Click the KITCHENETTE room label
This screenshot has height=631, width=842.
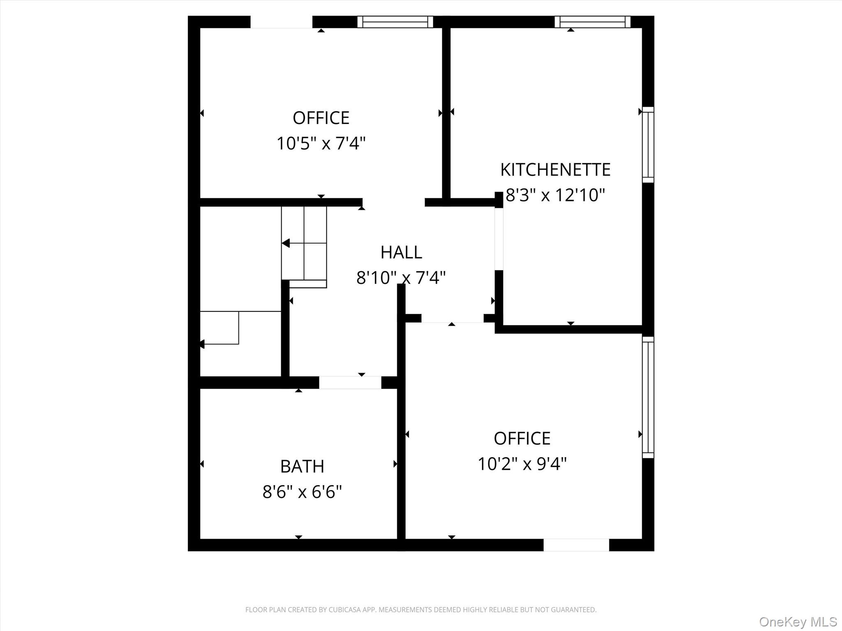[x=555, y=170]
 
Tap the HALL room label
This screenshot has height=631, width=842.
[x=401, y=252]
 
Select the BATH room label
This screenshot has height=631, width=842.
[x=302, y=466]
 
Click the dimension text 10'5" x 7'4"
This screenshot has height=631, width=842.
[x=321, y=144]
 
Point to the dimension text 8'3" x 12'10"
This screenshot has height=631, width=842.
[x=555, y=195]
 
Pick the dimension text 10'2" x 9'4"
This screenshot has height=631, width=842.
[x=522, y=464]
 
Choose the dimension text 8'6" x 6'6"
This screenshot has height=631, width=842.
[x=302, y=492]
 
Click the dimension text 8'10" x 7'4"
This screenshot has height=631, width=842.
[x=401, y=278]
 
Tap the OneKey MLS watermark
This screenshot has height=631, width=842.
[x=798, y=622]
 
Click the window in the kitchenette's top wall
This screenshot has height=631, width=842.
[x=592, y=22]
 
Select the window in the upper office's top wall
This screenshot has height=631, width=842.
[x=395, y=22]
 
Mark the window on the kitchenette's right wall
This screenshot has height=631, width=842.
[x=648, y=145]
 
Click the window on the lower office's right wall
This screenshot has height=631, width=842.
[x=648, y=397]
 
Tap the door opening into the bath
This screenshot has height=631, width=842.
[x=350, y=382]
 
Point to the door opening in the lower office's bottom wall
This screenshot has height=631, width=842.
[x=576, y=545]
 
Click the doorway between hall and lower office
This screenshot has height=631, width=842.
[x=452, y=318]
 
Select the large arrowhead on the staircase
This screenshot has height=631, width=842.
[x=286, y=243]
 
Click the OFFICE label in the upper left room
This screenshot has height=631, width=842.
[x=321, y=118]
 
